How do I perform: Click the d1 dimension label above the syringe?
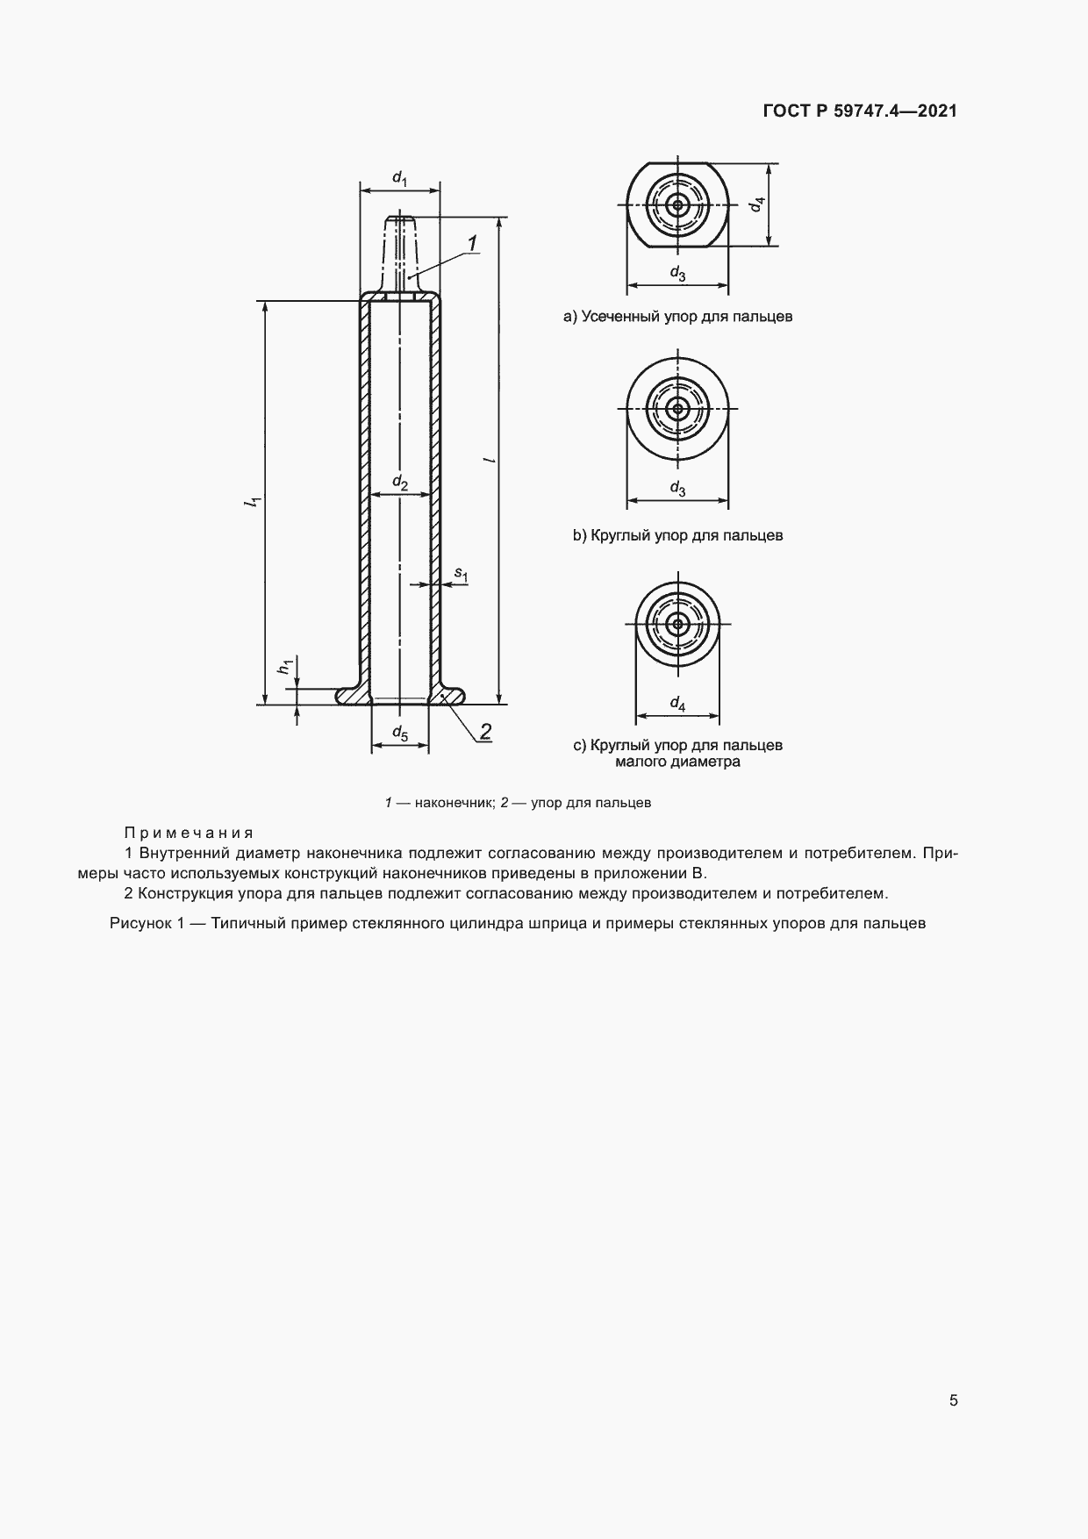[400, 178]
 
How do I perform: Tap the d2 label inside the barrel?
[400, 482]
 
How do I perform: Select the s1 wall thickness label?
[462, 575]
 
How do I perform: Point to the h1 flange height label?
[284, 666]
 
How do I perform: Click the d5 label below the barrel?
[400, 733]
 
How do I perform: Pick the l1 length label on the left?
[252, 502]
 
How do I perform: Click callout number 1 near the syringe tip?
[472, 243]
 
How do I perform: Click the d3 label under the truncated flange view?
[677, 274]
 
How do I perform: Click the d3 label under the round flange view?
[677, 488]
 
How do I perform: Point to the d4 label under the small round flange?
[677, 704]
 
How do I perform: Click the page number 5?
[954, 1399]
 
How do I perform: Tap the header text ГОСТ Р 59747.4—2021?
[860, 111]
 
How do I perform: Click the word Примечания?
[189, 832]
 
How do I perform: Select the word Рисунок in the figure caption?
[139, 923]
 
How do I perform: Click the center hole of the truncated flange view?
[677, 206]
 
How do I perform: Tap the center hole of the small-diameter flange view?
[677, 624]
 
